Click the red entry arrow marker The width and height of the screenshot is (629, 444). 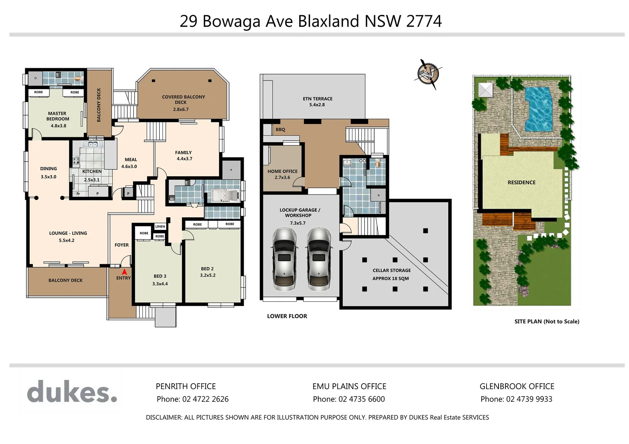tap(124, 271)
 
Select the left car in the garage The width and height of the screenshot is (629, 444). tap(283, 259)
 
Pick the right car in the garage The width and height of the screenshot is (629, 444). tap(319, 259)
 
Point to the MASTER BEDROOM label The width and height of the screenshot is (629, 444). tap(58, 116)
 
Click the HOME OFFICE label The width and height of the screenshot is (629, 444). tap(282, 171)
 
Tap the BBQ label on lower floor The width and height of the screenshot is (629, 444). tap(280, 129)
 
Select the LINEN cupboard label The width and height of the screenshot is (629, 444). tap(160, 227)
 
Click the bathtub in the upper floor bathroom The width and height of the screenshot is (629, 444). tap(225, 196)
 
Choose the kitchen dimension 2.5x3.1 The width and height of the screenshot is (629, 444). tap(92, 180)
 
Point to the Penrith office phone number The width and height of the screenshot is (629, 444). tap(192, 399)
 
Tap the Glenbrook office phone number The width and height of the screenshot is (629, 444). tap(516, 399)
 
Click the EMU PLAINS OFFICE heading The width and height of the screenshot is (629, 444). tap(349, 386)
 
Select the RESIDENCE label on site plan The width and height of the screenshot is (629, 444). tap(521, 183)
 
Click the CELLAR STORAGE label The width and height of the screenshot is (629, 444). tap(391, 271)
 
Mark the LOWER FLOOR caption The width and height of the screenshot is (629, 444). tap(287, 316)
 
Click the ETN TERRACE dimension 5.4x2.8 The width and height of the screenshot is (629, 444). tap(317, 105)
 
